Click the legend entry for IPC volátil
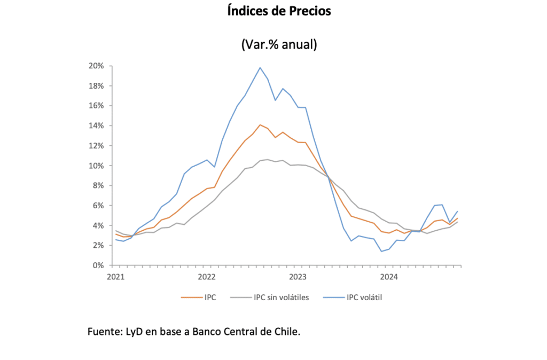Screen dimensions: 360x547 click(363, 298)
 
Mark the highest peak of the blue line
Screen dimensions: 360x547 click(260, 67)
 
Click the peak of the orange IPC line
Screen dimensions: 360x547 click(260, 125)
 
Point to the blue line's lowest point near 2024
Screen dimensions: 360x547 click(381, 251)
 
